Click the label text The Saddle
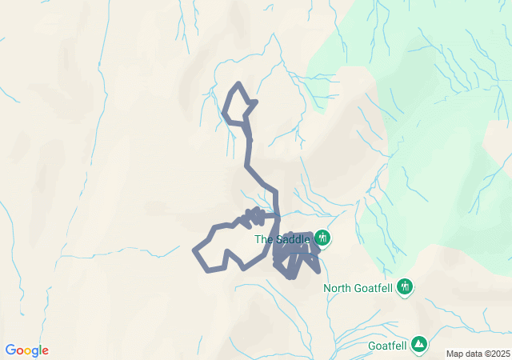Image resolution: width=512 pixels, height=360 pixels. coord(282,238)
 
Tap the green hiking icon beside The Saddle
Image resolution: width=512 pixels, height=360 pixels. coord(322,237)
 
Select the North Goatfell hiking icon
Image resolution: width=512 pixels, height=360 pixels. coord(404,286)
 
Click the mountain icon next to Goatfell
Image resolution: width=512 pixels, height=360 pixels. coord(418,345)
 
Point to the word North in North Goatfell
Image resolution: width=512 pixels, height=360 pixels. coord(338,288)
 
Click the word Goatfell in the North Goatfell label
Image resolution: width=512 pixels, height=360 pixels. coord(374,288)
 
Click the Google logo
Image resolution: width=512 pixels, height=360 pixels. coord(26,350)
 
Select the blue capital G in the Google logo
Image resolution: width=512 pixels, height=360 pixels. coord(10,350)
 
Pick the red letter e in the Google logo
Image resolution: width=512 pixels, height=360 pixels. coord(45,351)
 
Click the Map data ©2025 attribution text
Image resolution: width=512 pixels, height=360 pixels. coord(478,354)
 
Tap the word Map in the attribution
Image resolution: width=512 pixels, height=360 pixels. coord(454,354)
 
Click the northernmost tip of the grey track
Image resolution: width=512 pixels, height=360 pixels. coord(238,83)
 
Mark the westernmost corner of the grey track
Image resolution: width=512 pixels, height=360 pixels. coord(194,251)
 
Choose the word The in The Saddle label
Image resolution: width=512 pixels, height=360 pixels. coord(263,238)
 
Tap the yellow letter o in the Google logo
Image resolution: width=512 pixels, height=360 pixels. coord(30,351)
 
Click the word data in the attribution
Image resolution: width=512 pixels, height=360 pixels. coord(472,354)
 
